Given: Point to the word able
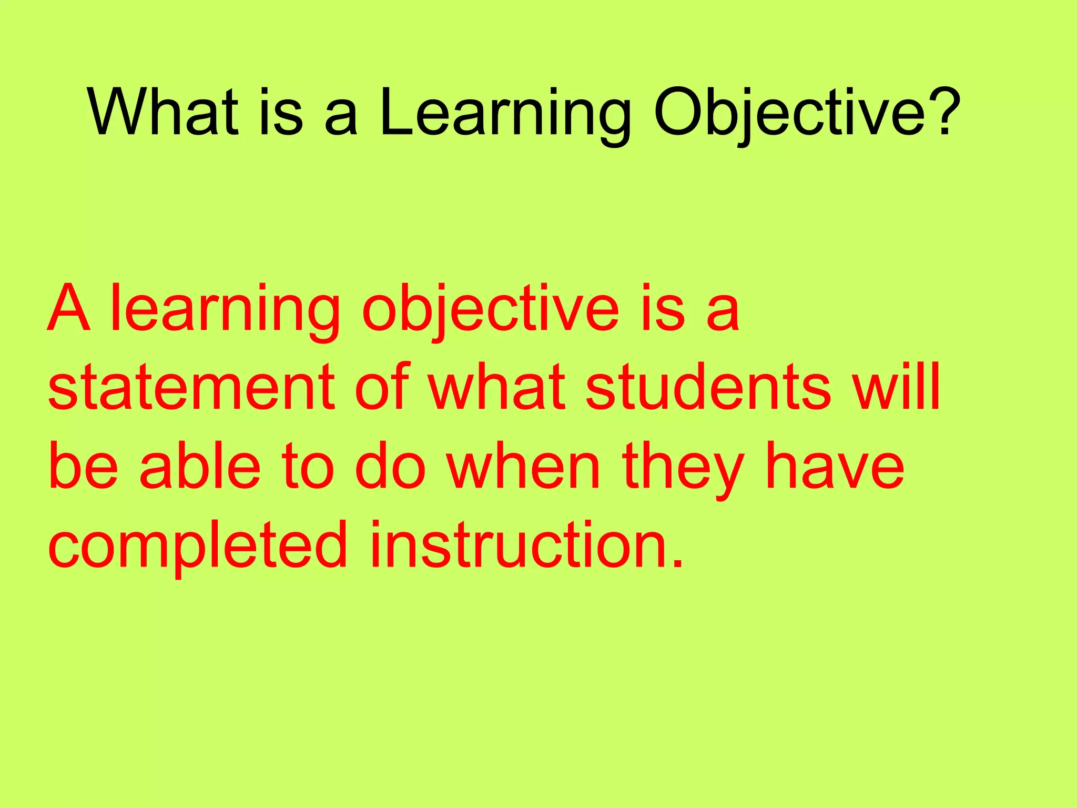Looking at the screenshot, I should (x=200, y=466).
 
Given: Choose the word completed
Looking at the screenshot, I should (x=198, y=546).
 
